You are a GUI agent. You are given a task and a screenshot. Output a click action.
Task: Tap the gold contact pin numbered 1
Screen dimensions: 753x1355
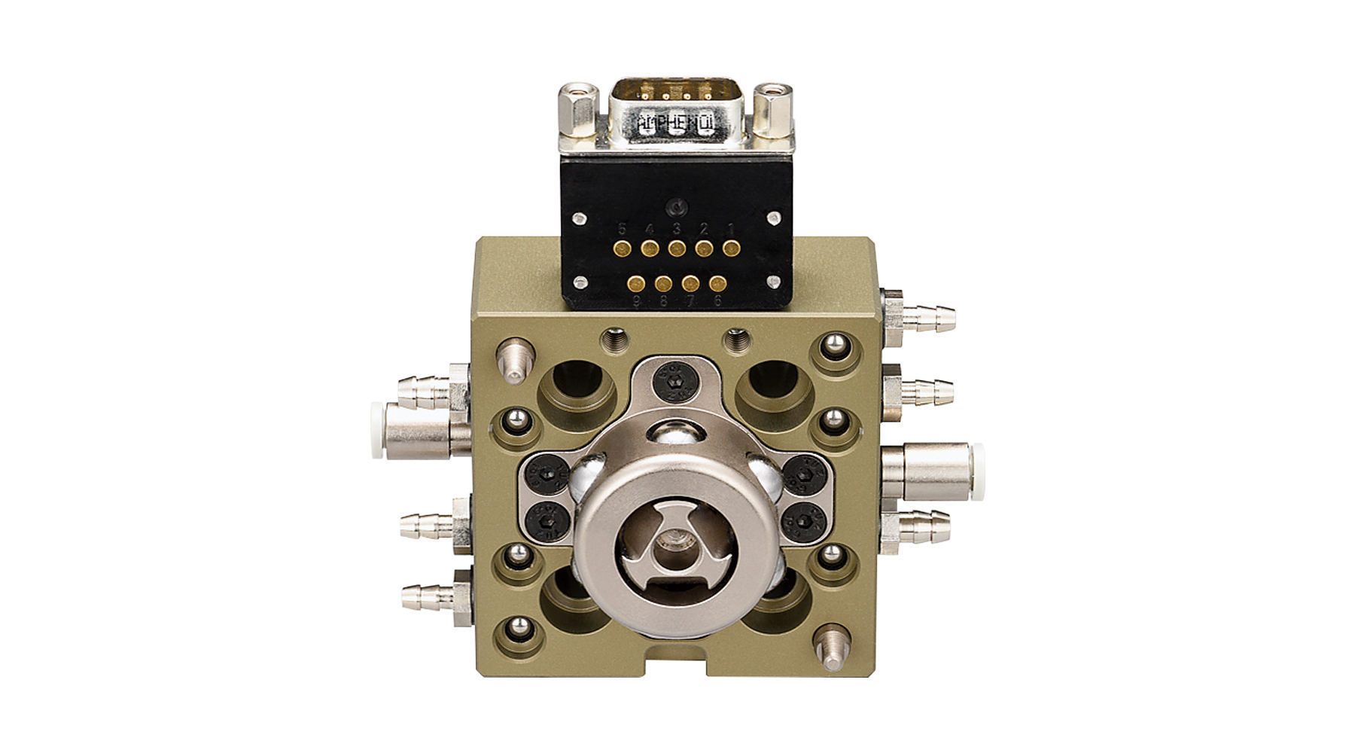730,247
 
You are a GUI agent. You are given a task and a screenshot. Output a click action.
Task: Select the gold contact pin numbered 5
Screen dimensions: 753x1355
622,247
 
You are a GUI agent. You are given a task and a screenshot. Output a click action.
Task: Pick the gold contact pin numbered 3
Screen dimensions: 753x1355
676,247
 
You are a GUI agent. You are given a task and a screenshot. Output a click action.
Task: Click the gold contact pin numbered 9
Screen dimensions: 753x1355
637,284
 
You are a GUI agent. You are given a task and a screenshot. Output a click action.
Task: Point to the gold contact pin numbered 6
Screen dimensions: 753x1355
718,284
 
